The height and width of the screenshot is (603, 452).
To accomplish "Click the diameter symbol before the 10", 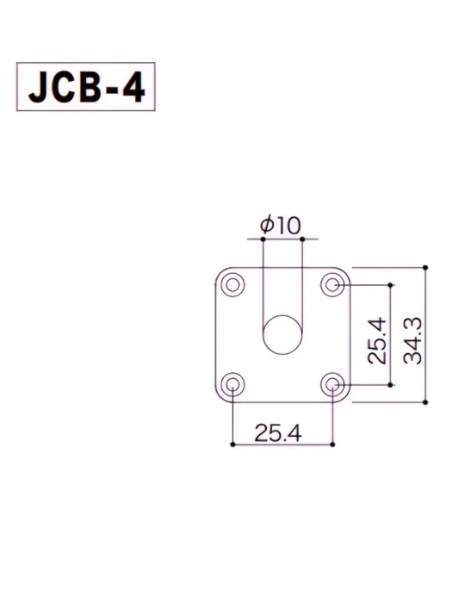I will click(267, 227).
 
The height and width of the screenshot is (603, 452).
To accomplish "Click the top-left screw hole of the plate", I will click(232, 284).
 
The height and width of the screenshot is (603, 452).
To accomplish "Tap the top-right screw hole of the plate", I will click(333, 284).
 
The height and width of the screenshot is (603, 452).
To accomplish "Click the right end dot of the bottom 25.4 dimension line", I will click(333, 444).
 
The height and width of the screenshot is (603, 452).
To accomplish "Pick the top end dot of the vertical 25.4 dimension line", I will click(392, 284).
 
